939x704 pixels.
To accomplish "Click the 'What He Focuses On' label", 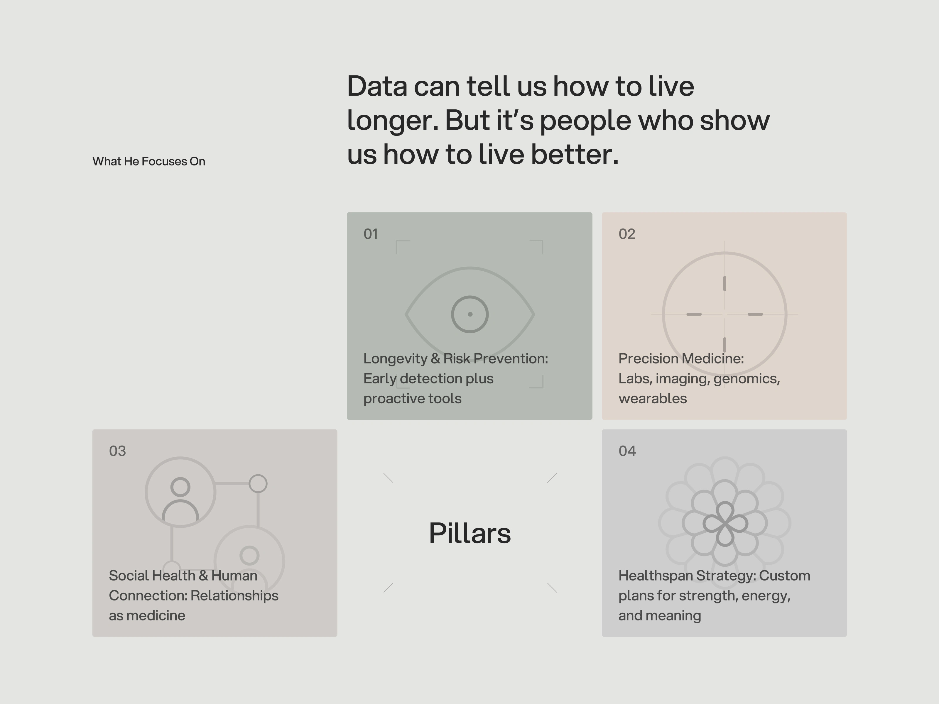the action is tap(148, 161).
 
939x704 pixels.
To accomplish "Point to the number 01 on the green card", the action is tap(371, 234).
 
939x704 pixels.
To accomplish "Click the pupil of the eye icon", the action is tap(470, 314).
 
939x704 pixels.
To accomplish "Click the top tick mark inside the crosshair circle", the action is tap(724, 283).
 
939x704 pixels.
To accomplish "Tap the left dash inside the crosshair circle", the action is tap(694, 314).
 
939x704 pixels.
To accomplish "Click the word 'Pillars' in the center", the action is tap(470, 533).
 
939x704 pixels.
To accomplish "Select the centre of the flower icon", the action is tap(724, 524).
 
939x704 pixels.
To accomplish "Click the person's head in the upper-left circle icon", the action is tap(180, 487).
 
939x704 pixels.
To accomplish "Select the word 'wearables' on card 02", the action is tap(653, 398).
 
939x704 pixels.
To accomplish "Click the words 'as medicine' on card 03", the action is tap(147, 616).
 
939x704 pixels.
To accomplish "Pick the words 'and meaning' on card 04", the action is tap(660, 616).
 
